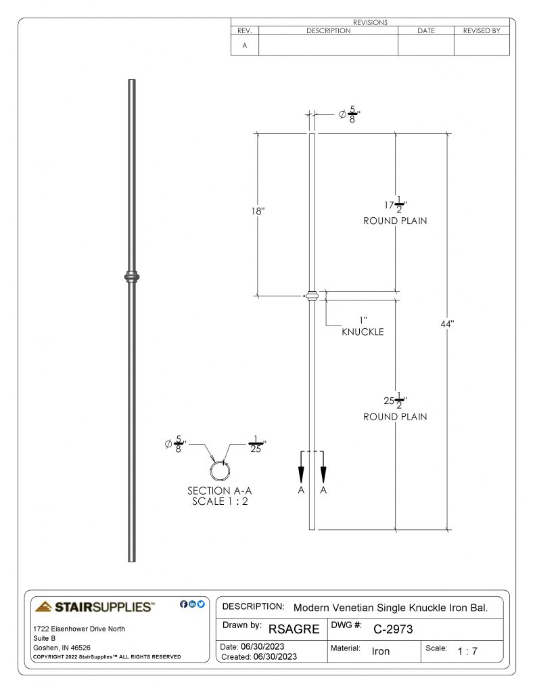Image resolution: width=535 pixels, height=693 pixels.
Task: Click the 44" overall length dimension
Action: point(447,324)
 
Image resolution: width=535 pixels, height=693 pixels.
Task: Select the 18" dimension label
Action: point(258,211)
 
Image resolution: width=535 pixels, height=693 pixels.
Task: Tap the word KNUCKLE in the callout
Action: point(363,332)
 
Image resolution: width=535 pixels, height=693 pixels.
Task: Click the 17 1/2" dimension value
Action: point(396,205)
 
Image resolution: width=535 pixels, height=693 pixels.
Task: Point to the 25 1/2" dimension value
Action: point(396,401)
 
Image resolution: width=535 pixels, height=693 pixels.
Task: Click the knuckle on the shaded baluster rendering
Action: point(132,277)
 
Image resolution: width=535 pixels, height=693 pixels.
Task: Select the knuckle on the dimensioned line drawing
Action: point(312,295)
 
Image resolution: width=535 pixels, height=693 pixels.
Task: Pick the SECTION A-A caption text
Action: point(220,491)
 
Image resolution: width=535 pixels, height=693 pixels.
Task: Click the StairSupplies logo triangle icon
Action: point(43,606)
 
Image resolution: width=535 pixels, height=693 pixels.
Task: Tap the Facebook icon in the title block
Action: point(184,604)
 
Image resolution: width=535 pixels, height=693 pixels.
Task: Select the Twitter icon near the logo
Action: point(201,604)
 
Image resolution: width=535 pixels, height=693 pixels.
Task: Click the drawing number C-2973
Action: point(393,629)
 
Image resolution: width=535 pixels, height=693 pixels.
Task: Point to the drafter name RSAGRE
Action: point(294,629)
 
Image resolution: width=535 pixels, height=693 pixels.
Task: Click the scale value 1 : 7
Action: point(467,652)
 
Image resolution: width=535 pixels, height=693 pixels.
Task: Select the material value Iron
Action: point(381,652)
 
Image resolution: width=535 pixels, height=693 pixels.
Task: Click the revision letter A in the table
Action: point(245,45)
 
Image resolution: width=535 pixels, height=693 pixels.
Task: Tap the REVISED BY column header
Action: point(482,30)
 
